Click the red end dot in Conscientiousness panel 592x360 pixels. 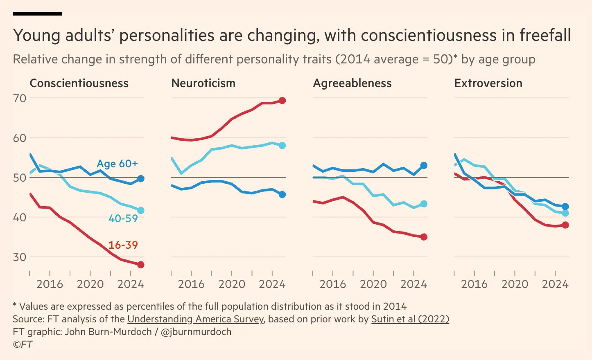(141, 265)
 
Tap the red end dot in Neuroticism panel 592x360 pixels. (282, 101)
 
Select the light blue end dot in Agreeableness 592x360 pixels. (424, 204)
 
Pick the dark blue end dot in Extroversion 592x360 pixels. (565, 207)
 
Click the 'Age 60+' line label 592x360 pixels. (117, 164)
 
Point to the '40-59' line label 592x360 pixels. (123, 218)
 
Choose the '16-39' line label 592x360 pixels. (123, 245)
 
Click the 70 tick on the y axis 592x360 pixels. (20, 98)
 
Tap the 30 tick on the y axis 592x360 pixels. (20, 257)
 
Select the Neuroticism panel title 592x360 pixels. (203, 83)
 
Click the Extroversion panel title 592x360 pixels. (488, 83)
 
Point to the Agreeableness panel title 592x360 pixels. (352, 83)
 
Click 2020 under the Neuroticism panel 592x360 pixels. (232, 284)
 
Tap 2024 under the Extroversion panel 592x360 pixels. (555, 284)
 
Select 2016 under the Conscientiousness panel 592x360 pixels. (50, 284)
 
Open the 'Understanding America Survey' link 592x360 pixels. (195, 319)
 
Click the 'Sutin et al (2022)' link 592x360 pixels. (410, 319)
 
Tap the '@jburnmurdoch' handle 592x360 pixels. (196, 332)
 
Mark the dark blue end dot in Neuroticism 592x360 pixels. (282, 194)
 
